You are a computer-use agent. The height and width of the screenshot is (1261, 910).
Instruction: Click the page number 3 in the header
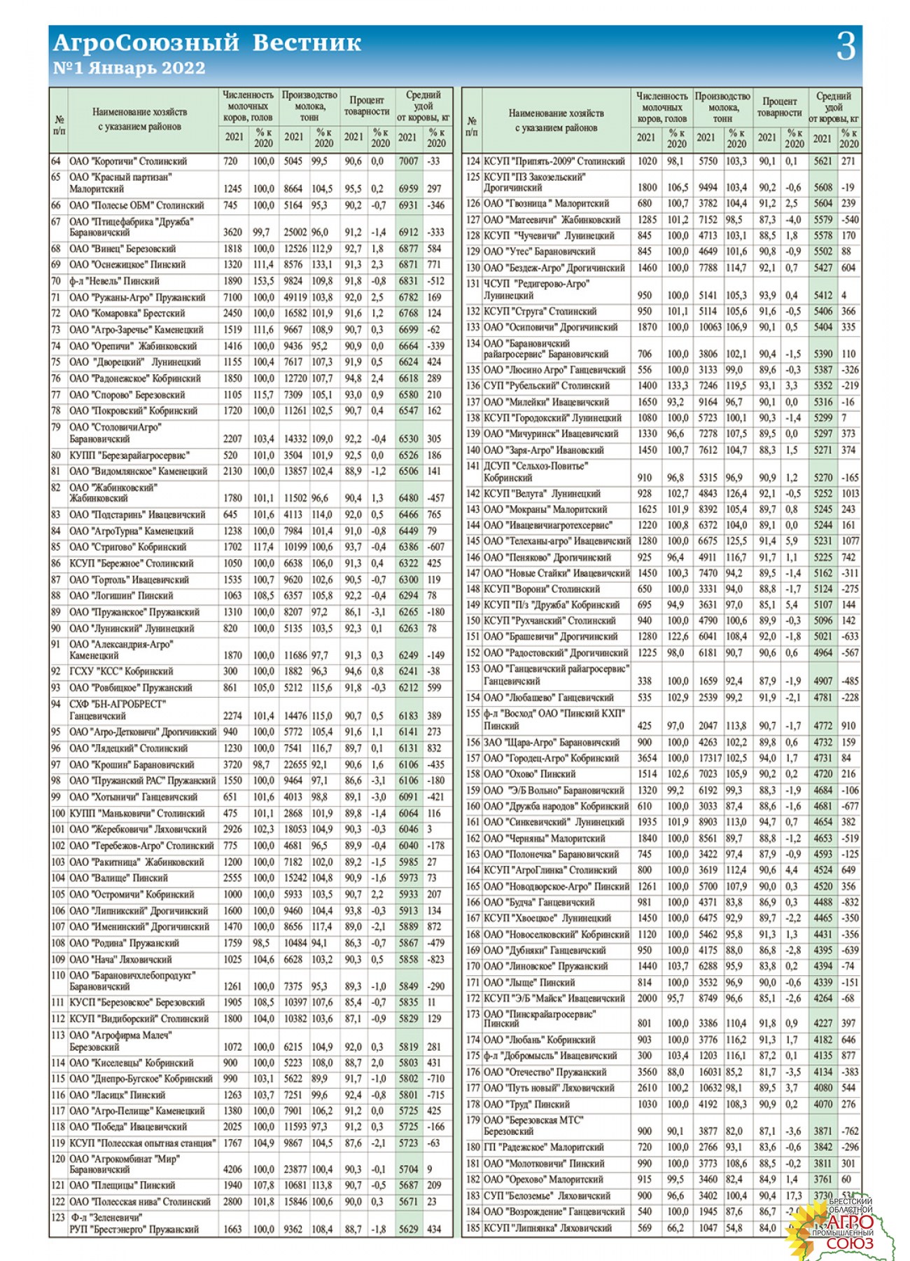(x=846, y=48)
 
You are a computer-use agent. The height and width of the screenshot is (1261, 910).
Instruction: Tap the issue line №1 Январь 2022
(x=129, y=69)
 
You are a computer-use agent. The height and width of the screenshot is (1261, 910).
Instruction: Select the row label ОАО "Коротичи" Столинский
(x=128, y=161)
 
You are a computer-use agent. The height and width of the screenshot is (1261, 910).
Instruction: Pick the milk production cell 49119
(x=295, y=297)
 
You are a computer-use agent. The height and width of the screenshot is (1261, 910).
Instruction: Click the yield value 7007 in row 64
(x=408, y=161)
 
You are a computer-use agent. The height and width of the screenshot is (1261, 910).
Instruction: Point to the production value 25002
(x=295, y=233)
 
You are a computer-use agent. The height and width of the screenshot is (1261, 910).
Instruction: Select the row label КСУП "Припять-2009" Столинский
(x=554, y=161)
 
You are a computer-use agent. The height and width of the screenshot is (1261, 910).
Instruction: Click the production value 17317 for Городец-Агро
(x=709, y=758)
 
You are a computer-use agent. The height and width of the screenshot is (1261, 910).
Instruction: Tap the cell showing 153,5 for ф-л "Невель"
(x=263, y=281)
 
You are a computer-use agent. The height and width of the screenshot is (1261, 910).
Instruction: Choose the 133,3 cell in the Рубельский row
(x=677, y=386)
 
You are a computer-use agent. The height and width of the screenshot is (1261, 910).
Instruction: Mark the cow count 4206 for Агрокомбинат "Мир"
(x=232, y=1169)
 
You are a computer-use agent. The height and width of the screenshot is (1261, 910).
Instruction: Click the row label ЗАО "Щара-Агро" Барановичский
(x=552, y=743)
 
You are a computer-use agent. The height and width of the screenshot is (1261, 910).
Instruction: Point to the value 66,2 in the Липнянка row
(x=677, y=1228)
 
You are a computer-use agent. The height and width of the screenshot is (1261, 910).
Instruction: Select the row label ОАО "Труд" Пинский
(x=526, y=1105)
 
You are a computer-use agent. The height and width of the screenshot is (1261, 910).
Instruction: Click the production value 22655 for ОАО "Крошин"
(x=295, y=765)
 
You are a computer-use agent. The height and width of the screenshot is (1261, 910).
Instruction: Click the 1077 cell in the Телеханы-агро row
(x=850, y=542)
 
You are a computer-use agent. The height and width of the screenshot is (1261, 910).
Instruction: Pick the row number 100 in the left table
(x=58, y=813)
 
